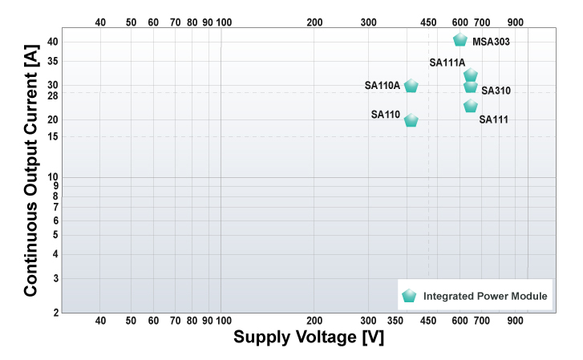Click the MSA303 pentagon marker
(460, 40)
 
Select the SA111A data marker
(471, 75)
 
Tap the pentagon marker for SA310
(471, 87)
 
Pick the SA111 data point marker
(471, 107)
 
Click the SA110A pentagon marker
(411, 86)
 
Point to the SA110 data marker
(411, 120)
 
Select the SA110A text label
(382, 85)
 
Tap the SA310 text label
(496, 91)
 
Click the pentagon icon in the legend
(410, 296)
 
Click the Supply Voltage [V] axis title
(308, 338)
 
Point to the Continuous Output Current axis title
(31, 170)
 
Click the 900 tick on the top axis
(516, 22)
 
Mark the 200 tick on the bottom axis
(314, 321)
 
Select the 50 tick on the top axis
(131, 22)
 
